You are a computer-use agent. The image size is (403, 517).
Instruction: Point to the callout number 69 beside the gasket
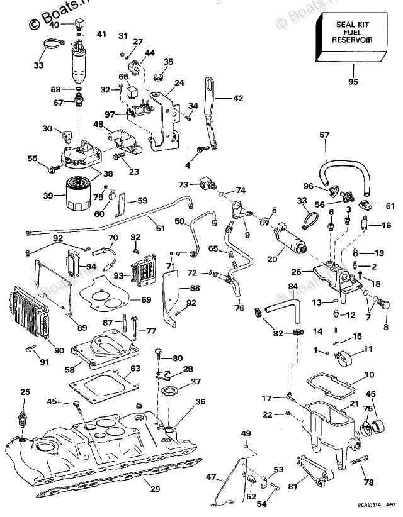point(145,299)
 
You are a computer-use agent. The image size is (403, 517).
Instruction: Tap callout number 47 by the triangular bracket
point(212,477)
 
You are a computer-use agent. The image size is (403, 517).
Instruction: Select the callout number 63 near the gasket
point(135,369)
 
